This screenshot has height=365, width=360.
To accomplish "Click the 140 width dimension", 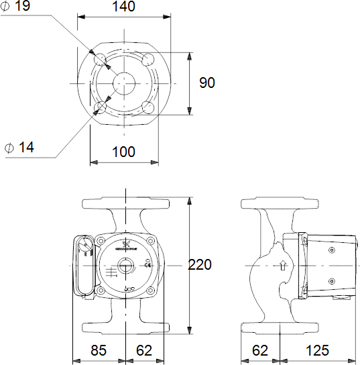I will click(124, 7).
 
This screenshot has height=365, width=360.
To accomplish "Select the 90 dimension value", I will click(207, 83).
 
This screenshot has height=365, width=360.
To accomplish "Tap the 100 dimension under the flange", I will click(124, 152).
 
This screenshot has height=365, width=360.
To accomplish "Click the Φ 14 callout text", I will click(19, 147).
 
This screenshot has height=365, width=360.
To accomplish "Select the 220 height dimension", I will click(200, 265).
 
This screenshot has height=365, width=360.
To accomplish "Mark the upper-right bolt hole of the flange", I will click(148, 59).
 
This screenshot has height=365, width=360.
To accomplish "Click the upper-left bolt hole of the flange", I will click(101, 59).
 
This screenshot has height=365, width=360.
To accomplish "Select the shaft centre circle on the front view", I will click(125, 265).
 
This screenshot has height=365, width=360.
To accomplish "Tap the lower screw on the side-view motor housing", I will click(331, 281).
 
